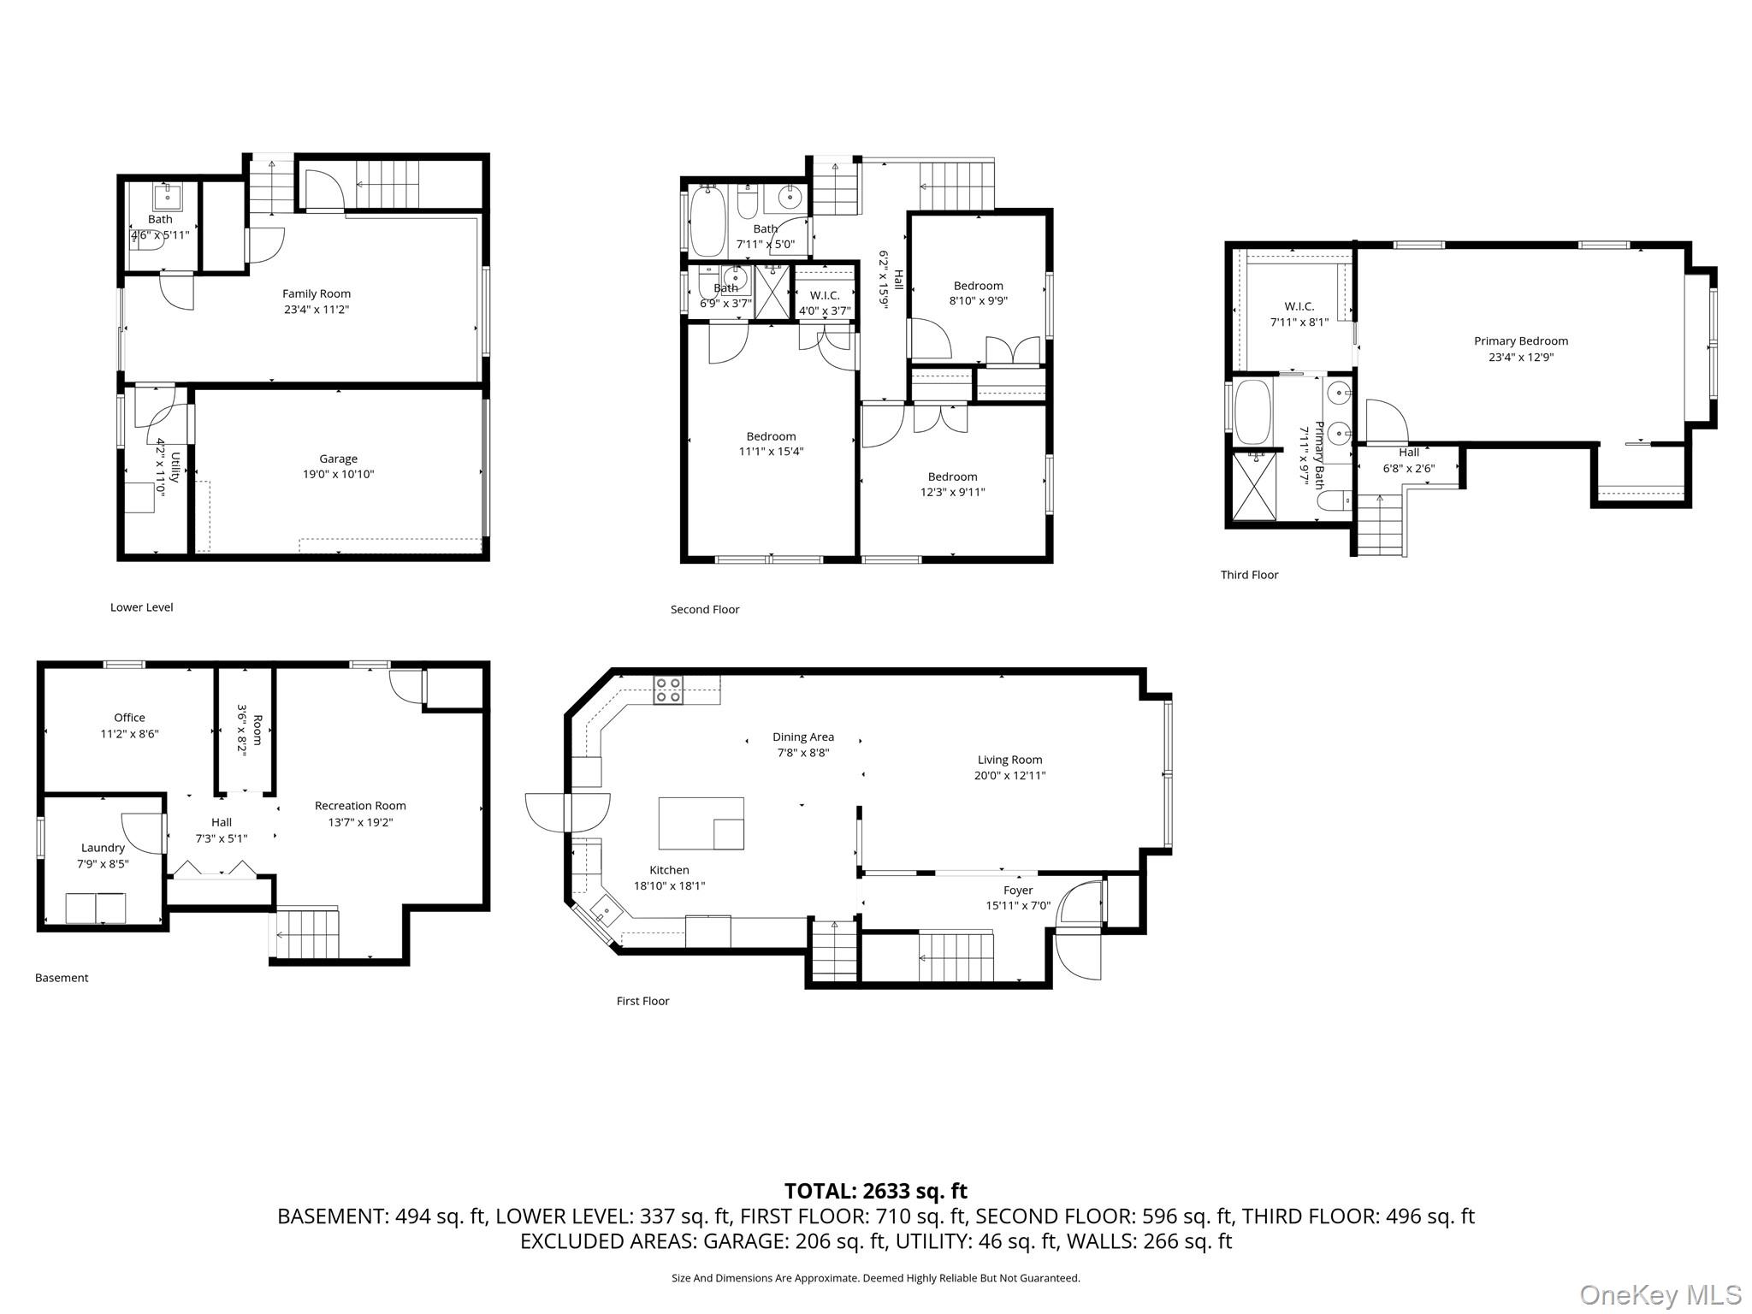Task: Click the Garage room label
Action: pos(338,459)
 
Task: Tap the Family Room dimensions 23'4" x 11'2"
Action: pos(317,310)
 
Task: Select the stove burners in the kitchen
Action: pos(668,690)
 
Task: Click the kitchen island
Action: pos(701,823)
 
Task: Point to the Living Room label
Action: pos(1009,760)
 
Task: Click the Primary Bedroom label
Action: pos(1520,340)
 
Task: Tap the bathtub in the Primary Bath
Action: pos(1253,411)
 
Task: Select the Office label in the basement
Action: pos(129,718)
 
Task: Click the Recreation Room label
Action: pos(360,806)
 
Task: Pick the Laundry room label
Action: pos(103,848)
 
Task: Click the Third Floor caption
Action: pos(1249,575)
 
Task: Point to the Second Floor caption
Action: pos(704,609)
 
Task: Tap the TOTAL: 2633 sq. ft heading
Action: pos(875,1191)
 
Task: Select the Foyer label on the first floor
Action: pos(1017,891)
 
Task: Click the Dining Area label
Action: pos(802,737)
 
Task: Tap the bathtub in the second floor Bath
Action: pos(707,222)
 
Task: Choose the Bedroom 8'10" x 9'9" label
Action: pos(978,286)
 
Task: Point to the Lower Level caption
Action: pos(141,607)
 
